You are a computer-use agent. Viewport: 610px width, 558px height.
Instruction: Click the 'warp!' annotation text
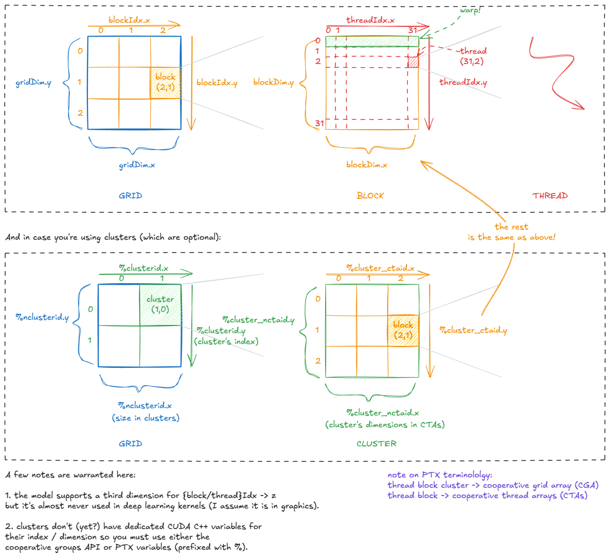(x=469, y=10)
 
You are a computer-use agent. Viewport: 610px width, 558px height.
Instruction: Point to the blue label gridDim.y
(x=33, y=82)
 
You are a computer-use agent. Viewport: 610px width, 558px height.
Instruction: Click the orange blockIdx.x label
(x=129, y=20)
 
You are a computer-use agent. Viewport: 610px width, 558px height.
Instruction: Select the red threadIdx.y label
(x=463, y=82)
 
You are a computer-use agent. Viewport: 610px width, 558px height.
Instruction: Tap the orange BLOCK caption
(x=370, y=196)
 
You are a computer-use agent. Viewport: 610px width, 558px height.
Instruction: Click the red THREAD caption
(x=550, y=196)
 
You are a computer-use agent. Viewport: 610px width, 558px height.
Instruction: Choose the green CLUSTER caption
(x=376, y=444)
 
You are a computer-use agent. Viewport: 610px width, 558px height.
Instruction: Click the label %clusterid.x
(x=144, y=268)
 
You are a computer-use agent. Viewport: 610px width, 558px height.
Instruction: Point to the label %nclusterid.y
(x=42, y=317)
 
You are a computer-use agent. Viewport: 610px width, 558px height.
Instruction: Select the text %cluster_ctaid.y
(x=473, y=330)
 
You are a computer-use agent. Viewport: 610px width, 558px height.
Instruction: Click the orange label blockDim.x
(x=367, y=165)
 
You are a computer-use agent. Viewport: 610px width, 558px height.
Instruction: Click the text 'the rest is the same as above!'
(x=511, y=232)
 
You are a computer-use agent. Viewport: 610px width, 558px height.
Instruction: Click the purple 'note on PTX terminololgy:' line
(x=440, y=475)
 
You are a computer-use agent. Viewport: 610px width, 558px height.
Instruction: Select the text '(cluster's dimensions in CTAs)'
(x=385, y=425)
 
